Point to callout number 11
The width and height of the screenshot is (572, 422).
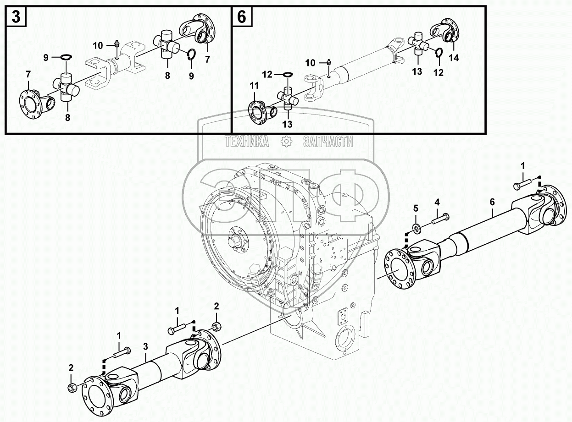pos(254,85)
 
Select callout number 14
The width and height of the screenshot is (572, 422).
pos(454,58)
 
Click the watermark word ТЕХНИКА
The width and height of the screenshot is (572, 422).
pos(246,142)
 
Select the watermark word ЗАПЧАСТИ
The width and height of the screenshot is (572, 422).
pos(328,142)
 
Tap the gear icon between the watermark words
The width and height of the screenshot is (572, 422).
pos(286,142)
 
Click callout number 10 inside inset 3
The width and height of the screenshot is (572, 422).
pos(98,45)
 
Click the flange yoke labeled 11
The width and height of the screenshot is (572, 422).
pos(259,111)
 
